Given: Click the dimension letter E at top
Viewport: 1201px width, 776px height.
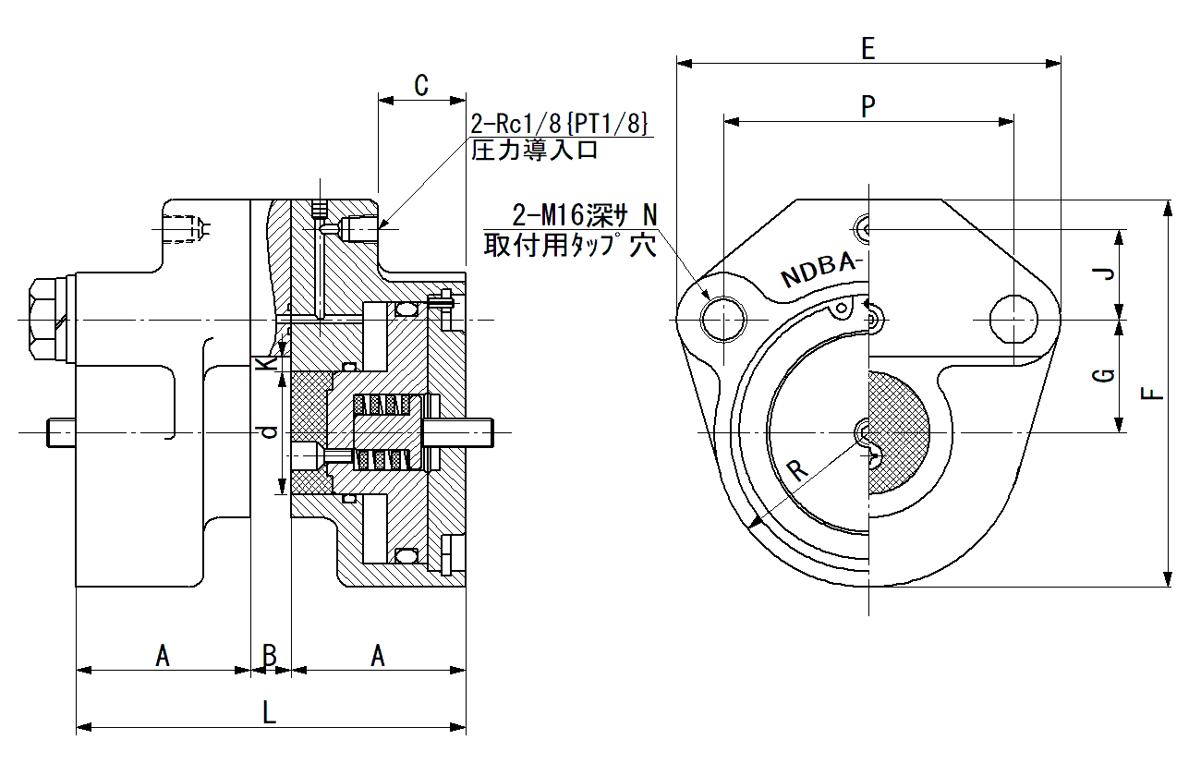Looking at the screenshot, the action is click(x=868, y=48).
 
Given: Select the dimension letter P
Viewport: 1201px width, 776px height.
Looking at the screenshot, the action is click(x=868, y=106).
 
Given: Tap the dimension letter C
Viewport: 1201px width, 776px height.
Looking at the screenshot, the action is click(x=421, y=85).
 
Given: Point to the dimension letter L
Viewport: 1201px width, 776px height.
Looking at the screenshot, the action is click(x=270, y=712).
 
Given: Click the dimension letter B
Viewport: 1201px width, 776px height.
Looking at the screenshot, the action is click(x=270, y=655).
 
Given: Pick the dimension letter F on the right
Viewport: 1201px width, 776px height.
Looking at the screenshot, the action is click(x=1151, y=394).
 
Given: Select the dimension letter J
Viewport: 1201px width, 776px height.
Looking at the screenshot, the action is click(x=1103, y=274).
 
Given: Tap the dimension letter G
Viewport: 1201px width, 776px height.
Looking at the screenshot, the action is click(x=1103, y=375).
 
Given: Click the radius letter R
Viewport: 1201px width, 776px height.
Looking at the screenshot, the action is click(x=798, y=470).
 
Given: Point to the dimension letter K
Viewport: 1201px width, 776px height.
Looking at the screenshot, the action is click(x=266, y=364).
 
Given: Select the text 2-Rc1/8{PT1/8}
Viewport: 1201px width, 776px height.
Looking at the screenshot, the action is click(x=559, y=124).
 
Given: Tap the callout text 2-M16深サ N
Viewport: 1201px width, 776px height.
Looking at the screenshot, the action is click(x=585, y=215).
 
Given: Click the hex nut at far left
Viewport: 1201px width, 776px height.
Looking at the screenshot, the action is click(x=48, y=321).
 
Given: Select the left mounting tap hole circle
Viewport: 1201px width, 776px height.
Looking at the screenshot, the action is click(x=723, y=319).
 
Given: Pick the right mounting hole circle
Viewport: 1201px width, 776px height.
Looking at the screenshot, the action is click(x=1013, y=319).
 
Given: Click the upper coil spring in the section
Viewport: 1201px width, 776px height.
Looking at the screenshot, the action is click(x=382, y=405).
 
